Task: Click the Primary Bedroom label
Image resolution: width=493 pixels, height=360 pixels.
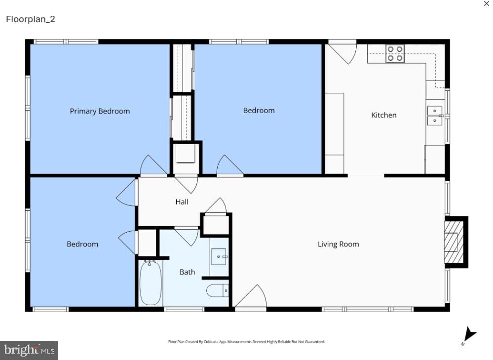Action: [100, 111]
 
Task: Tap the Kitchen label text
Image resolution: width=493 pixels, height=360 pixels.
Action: [383, 115]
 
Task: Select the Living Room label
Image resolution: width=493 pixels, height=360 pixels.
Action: [338, 244]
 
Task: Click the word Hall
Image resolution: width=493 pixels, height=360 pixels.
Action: [182, 201]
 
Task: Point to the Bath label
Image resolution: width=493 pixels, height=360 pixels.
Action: [187, 272]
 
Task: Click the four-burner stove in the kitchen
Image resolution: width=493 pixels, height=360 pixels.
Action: [395, 53]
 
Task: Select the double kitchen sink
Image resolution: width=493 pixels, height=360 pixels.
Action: [435, 116]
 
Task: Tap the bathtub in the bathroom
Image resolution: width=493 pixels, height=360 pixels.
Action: [150, 283]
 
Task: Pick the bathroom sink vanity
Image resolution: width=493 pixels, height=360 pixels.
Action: [219, 257]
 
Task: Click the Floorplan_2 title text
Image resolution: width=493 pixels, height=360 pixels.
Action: [31, 19]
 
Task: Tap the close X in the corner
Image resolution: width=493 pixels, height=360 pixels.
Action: [486, 4]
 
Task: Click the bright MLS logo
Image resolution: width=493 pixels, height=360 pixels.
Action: [29, 350]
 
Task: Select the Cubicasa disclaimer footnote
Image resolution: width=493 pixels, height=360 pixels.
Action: [247, 342]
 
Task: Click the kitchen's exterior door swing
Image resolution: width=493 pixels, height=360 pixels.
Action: [344, 52]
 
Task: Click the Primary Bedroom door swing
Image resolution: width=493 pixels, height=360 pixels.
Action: [153, 166]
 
